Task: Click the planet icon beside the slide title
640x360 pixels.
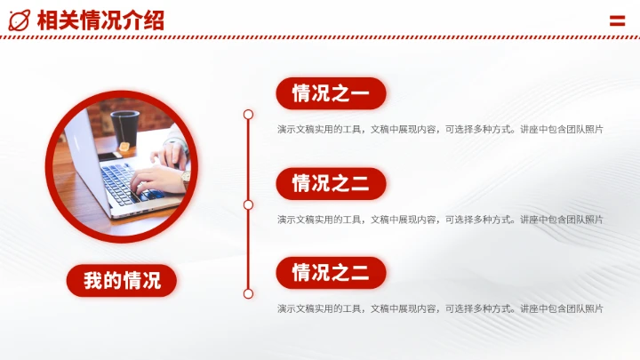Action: (x=19, y=20)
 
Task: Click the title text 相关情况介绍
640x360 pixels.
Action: (x=101, y=20)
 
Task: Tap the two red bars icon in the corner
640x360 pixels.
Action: (x=617, y=20)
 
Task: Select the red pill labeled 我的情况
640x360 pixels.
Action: (x=122, y=282)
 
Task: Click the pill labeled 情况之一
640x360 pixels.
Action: (x=331, y=93)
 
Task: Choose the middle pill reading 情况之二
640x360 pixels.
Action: (x=331, y=184)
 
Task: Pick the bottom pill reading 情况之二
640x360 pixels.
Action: (x=331, y=273)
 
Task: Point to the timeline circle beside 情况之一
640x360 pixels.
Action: (x=248, y=115)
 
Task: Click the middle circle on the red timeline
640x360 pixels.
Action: (x=248, y=204)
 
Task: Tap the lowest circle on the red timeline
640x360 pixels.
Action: (x=248, y=293)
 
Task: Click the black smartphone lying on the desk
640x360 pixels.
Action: (x=111, y=156)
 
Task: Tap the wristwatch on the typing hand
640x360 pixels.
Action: (x=185, y=175)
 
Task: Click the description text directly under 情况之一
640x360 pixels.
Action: (x=440, y=130)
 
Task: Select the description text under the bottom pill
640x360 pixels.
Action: (x=440, y=308)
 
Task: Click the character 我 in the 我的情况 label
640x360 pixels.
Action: (x=93, y=282)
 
